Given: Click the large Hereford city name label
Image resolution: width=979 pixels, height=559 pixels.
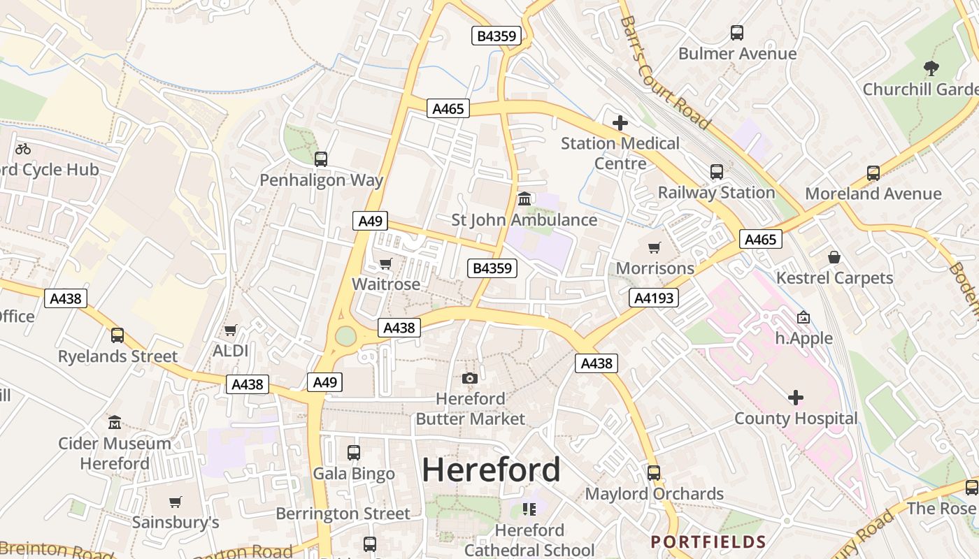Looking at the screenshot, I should [x=491, y=470].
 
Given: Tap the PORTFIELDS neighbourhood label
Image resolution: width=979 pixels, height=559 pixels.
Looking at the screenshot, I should [x=708, y=542].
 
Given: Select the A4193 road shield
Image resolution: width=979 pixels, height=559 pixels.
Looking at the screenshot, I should [x=654, y=298].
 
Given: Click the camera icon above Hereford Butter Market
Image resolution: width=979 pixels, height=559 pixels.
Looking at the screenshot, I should [x=470, y=378].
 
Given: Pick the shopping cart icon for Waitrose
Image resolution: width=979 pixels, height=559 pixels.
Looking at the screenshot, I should [x=385, y=264].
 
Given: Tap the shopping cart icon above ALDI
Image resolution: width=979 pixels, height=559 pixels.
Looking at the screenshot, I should [x=230, y=330].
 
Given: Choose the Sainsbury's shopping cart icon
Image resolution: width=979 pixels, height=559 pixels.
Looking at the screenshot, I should [x=176, y=502].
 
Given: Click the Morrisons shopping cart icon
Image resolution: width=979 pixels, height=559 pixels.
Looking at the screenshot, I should [x=655, y=247].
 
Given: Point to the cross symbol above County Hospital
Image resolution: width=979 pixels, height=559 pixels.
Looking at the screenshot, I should [x=795, y=398].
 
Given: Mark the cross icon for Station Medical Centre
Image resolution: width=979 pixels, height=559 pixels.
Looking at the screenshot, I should [x=620, y=123].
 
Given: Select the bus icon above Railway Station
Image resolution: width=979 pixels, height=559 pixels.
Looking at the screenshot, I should [x=717, y=172].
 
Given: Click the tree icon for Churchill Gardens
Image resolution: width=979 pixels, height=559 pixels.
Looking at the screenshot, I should [x=931, y=68].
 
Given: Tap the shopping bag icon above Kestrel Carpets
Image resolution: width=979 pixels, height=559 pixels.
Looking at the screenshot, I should [x=834, y=257].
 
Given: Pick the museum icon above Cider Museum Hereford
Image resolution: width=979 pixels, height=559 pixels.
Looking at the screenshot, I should [x=115, y=422].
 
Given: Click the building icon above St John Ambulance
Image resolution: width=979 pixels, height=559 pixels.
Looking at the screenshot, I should [x=524, y=199].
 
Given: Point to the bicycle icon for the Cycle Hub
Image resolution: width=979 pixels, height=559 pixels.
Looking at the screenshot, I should [x=23, y=149].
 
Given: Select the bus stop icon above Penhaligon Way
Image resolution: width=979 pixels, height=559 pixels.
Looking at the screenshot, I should [x=321, y=159].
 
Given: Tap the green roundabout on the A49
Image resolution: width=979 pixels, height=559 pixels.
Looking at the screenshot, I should [x=345, y=336].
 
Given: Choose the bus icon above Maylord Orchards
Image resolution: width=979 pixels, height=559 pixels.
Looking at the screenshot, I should [x=654, y=473].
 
